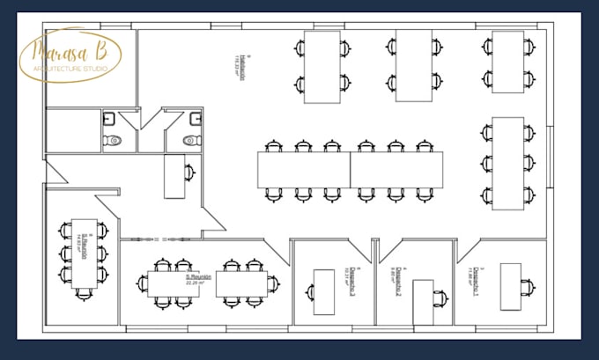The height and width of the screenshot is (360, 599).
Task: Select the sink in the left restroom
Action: tap(108, 116)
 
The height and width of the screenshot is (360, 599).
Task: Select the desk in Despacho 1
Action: tap(510, 286)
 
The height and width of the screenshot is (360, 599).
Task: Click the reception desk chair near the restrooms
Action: tap(189, 173)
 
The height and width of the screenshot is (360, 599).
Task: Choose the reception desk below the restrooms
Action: tap(174, 176)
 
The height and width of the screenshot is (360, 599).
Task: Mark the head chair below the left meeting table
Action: tap(84, 294)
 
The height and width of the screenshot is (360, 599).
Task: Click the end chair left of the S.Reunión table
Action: tap(142, 283)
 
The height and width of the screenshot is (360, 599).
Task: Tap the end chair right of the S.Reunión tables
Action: tap(273, 283)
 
